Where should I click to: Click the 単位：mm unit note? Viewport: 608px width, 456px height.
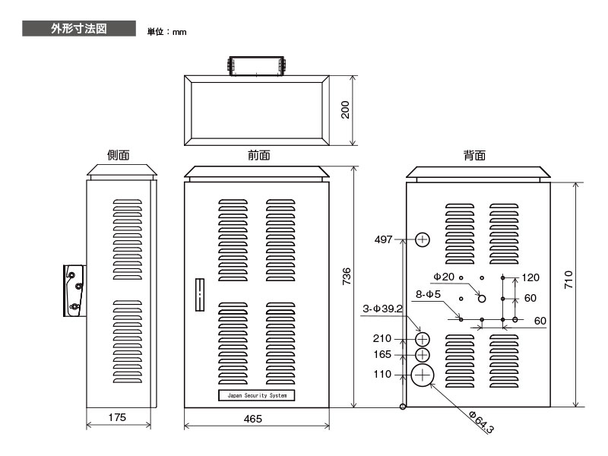pos(166,32)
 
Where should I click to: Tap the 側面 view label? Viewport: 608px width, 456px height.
pos(119,155)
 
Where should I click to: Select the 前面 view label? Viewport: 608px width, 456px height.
pos(258,155)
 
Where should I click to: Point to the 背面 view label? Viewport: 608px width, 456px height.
pos(474,155)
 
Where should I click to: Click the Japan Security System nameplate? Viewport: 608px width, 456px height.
pos(257,395)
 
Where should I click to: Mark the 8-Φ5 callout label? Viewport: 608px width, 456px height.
pos(429,293)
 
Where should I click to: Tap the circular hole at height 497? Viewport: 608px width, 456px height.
pos(423,239)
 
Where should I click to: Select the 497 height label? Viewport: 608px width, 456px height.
pos(384,239)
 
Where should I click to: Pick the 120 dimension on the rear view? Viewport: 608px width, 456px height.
pos(530,277)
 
